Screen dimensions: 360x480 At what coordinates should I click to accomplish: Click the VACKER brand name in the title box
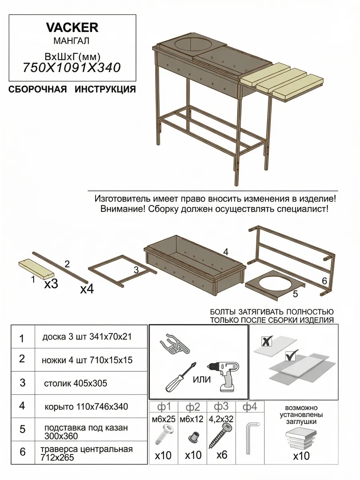pos(72,28)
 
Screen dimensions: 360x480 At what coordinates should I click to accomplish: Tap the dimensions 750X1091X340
pos(72,67)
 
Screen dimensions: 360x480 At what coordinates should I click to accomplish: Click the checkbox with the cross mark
pos(266,341)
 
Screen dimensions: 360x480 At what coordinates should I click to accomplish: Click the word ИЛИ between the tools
pos(202,380)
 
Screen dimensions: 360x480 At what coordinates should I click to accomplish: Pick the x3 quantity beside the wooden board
pos(51,284)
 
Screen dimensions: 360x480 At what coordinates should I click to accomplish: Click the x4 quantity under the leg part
pos(87,289)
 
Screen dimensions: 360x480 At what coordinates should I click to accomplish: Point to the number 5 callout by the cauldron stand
pos(295,294)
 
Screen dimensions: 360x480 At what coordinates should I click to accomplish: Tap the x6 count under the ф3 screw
pos(222,455)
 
